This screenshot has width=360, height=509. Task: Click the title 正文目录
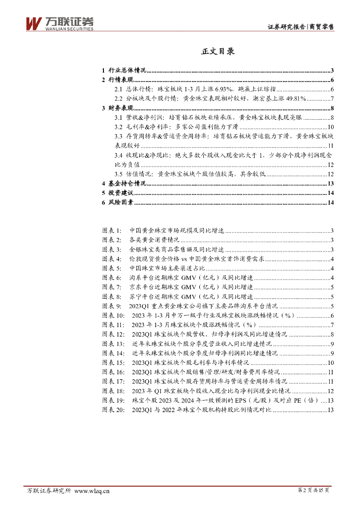tap(218, 51)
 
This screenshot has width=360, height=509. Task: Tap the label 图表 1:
tap(111, 231)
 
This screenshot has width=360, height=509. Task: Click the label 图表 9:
tap(111, 306)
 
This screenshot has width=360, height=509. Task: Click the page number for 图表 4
tap(332, 259)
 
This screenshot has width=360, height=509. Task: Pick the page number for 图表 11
tap(332, 325)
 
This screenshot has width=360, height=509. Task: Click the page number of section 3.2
tap(330, 127)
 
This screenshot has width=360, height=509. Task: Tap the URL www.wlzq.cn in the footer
tap(92, 491)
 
